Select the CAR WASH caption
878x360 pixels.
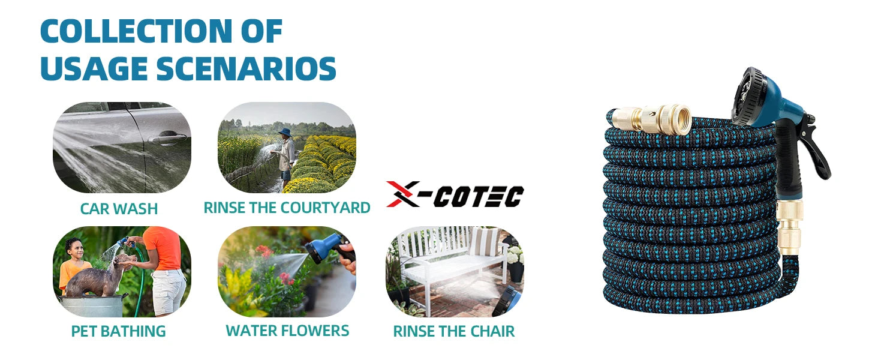click(119, 209)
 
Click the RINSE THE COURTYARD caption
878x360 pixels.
click(287, 208)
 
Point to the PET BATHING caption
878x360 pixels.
click(118, 331)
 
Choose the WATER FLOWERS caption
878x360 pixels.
click(287, 330)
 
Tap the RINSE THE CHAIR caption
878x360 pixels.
click(453, 331)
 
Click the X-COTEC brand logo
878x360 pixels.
click(455, 194)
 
